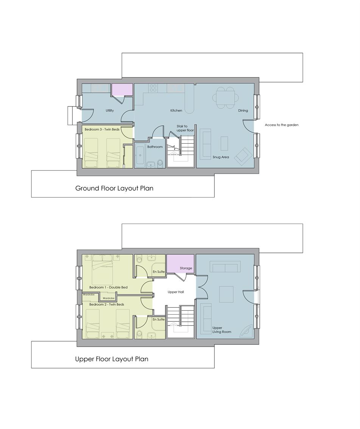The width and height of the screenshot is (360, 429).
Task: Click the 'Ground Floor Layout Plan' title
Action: point(114,188)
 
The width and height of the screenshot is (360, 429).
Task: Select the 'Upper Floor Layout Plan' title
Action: point(112,359)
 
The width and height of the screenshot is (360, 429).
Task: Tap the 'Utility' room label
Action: point(110,111)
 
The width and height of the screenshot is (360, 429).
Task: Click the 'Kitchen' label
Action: point(176,111)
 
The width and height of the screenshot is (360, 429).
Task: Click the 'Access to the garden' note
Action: point(282,125)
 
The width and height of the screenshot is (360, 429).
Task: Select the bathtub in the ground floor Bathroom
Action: point(140,154)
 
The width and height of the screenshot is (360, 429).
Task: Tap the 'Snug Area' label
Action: point(221,157)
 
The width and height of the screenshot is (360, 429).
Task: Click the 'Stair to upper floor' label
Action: point(185,128)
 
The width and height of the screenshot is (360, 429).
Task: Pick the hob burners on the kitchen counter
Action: point(153,88)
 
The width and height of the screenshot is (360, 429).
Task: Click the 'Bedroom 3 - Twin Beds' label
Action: point(102,129)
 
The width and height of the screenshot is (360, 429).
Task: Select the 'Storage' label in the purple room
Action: point(186,268)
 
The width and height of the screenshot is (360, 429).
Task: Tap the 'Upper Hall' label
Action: point(176,292)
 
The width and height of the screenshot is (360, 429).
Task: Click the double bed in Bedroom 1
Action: point(103,270)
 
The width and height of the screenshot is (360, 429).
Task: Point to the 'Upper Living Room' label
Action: point(222,330)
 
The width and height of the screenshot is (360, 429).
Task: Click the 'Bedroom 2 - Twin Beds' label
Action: point(107,305)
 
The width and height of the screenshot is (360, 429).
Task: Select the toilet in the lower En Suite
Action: point(140,334)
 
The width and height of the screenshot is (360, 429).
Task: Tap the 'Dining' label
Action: point(243,111)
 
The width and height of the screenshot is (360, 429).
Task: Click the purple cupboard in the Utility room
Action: point(122,89)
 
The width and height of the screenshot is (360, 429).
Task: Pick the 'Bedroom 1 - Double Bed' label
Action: point(109,288)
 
